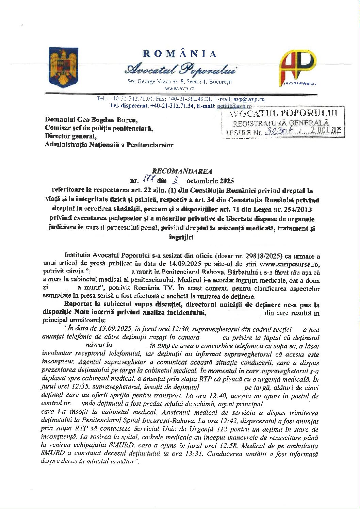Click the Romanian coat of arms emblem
coord(64,67)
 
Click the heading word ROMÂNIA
coord(180,54)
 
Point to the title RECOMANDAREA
coord(182,171)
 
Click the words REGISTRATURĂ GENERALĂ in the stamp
coord(281,123)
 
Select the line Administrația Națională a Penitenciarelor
coord(109,145)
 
